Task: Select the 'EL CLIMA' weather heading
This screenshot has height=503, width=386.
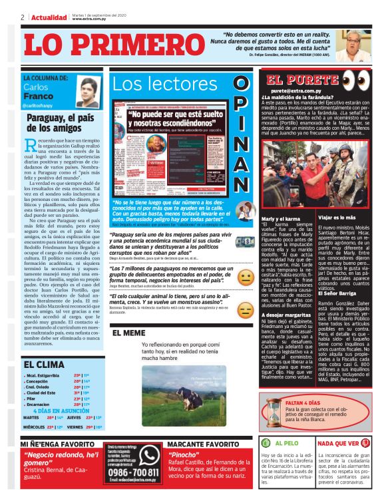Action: pyautogui.click(x=44, y=364)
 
